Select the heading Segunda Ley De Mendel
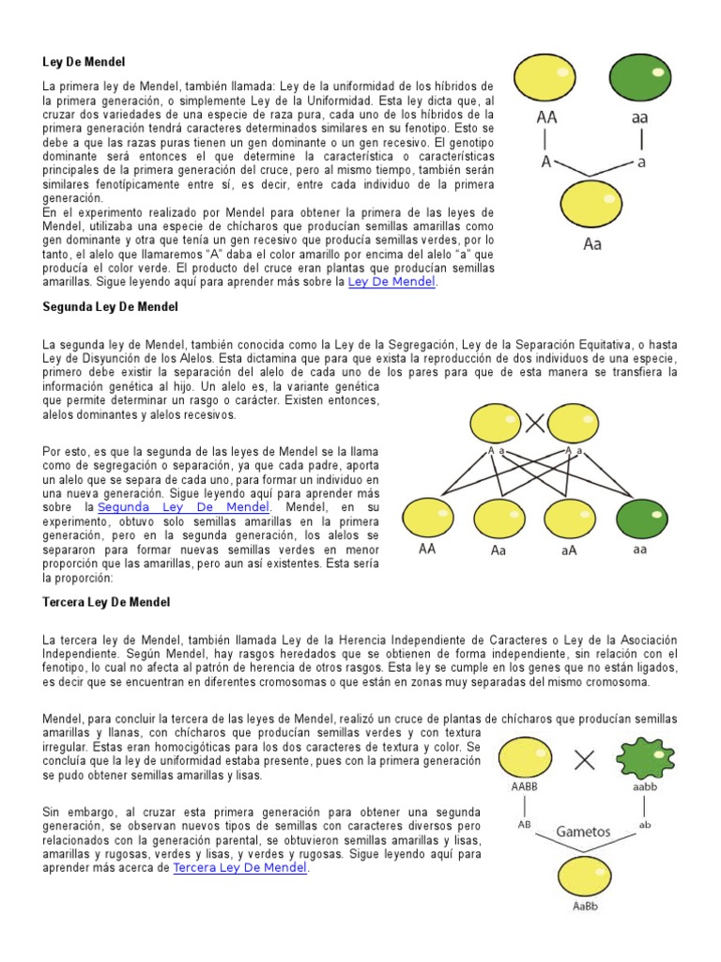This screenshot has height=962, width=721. [x=110, y=306]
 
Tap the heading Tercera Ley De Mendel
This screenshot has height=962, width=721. [x=106, y=601]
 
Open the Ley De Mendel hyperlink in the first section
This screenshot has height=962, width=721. [x=391, y=282]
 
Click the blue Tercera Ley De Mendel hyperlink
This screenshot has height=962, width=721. [x=240, y=868]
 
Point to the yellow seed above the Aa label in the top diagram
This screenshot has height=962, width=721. [x=593, y=205]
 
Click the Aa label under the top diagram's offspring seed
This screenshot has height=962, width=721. [x=593, y=244]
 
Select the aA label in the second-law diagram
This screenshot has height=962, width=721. [x=569, y=551]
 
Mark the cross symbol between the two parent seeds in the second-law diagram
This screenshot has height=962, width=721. [x=535, y=424]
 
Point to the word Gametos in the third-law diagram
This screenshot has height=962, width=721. [x=583, y=831]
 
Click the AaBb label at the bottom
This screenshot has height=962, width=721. [x=585, y=908]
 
